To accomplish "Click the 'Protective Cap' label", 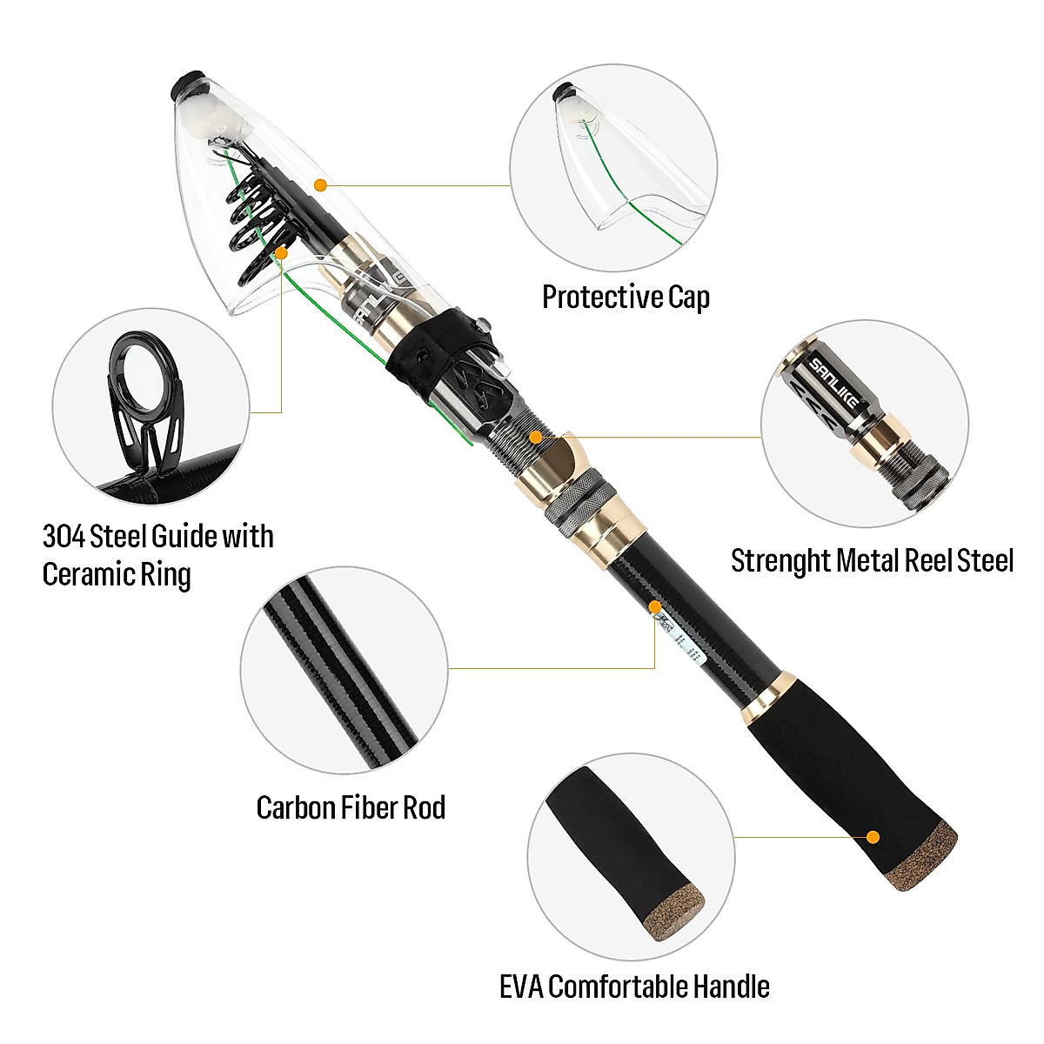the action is click(626, 298).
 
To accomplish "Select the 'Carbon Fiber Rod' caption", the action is click(351, 808).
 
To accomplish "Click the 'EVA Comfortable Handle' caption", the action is click(634, 987).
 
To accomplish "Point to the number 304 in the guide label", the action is click(64, 537).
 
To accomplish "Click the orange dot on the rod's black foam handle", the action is click(873, 837).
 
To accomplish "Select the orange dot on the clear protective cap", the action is click(320, 184).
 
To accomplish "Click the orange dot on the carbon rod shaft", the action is click(654, 606).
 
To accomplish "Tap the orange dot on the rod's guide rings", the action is click(281, 252).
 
